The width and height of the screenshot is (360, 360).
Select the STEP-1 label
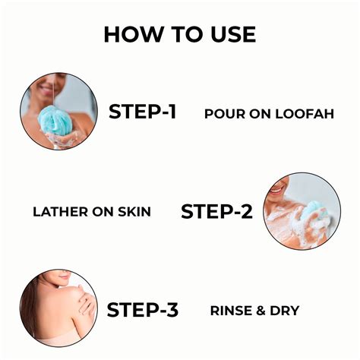[142, 112]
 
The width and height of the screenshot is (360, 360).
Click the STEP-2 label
[216, 212]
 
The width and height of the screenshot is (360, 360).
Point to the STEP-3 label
[142, 310]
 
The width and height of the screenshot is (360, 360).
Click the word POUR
[223, 113]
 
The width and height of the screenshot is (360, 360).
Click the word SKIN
[132, 212]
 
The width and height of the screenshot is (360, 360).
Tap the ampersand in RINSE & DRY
[262, 311]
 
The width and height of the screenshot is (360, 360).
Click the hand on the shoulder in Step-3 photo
[85, 303]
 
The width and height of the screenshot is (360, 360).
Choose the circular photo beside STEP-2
[302, 211]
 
